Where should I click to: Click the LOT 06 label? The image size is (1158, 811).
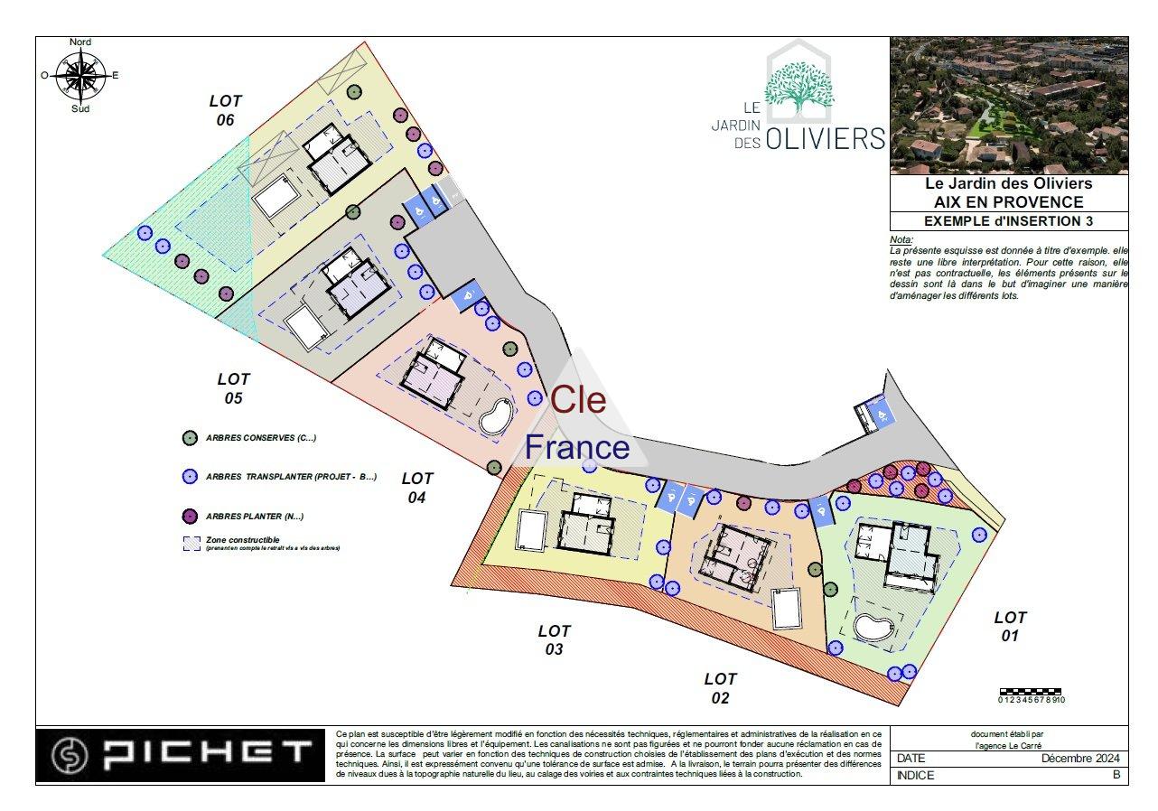tap(225, 110)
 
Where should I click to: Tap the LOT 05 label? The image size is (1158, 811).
tap(233, 388)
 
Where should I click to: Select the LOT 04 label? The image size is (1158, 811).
tap(417, 488)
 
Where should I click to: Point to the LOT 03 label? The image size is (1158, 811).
tap(554, 639)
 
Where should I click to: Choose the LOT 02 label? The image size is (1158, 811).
tap(720, 687)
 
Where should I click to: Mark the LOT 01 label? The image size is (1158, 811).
tap(1010, 626)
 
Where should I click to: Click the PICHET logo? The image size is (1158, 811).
tap(180, 754)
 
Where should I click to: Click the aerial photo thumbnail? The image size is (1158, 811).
tap(1009, 106)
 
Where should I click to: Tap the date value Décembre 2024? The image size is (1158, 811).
tap(1080, 758)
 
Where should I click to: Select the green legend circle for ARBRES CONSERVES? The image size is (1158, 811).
tap(190, 438)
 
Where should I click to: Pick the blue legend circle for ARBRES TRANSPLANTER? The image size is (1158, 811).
tap(190, 477)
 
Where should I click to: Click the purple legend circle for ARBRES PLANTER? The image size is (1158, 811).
tap(190, 517)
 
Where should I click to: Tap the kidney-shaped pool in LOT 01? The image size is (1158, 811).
tap(872, 628)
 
